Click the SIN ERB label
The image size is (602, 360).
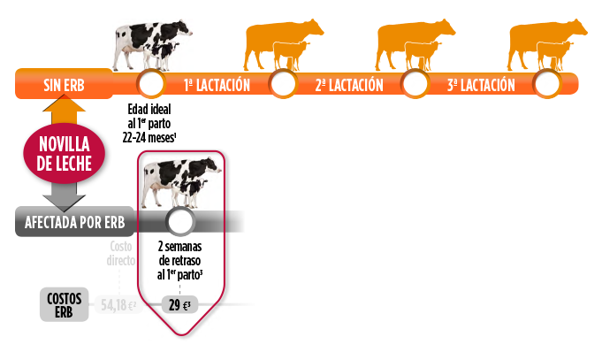click(63, 86)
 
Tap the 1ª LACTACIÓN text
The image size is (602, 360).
click(217, 86)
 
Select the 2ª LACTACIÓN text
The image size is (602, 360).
click(349, 86)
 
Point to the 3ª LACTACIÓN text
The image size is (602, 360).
click(481, 86)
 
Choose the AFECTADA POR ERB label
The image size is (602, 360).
click(76, 221)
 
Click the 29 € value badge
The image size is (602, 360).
click(180, 305)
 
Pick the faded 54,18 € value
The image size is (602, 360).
click(118, 305)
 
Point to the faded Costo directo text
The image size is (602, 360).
click(120, 254)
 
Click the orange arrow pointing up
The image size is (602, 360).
click(64, 112)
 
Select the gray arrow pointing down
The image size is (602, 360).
click(64, 194)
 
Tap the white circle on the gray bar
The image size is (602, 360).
click(180, 222)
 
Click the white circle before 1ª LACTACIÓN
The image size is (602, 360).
click(151, 85)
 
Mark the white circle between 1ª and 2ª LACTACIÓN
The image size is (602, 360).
click(283, 85)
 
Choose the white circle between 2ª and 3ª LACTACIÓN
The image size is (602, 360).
click(415, 85)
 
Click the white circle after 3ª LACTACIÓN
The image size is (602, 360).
click(547, 85)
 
